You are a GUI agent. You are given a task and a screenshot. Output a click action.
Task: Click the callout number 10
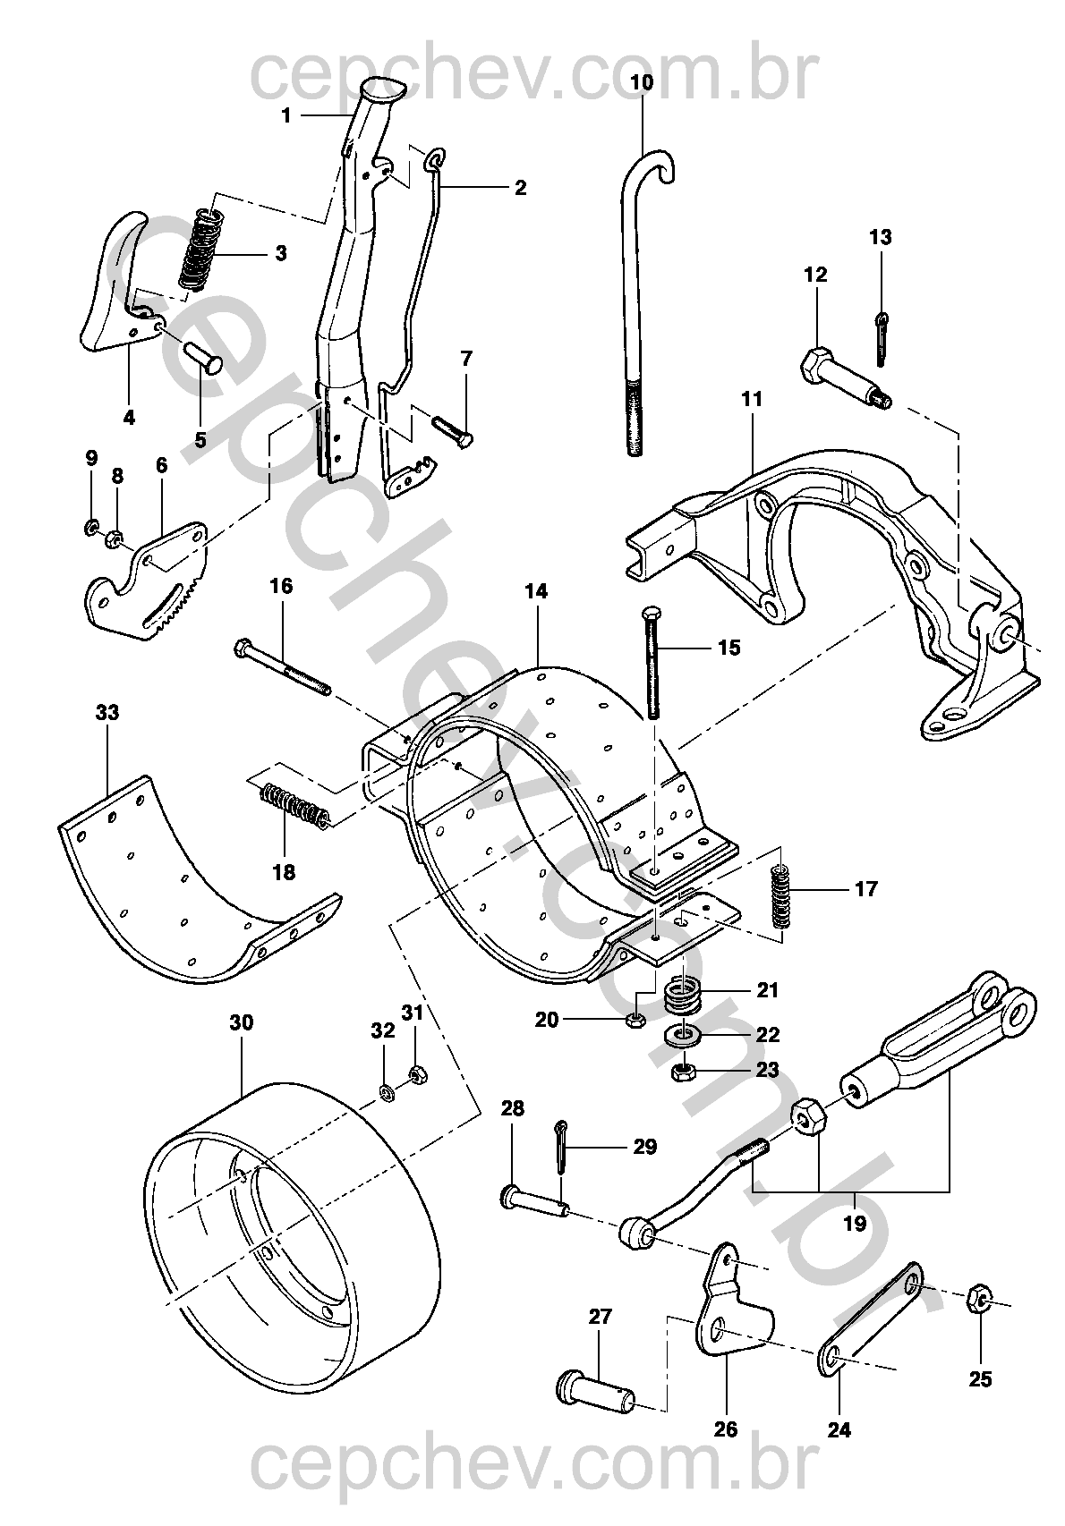tap(643, 81)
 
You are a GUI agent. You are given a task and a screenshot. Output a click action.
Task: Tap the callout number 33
tap(106, 713)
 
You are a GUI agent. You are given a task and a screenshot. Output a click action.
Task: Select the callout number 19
tap(855, 1223)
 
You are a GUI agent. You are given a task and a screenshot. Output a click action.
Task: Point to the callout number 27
tap(601, 1316)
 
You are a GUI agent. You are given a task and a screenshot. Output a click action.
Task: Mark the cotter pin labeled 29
tap(562, 1148)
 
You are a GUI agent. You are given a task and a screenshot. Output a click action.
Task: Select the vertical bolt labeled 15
tap(652, 663)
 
